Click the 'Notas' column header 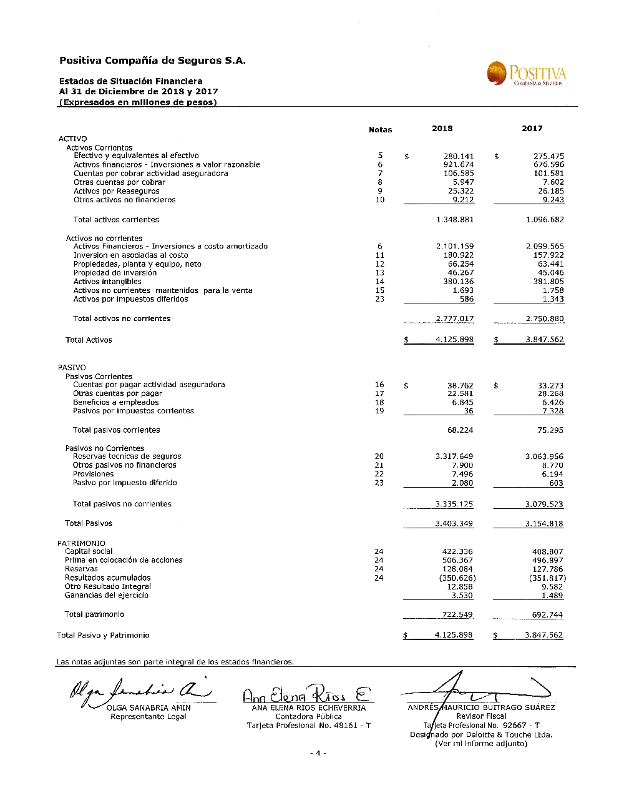380,130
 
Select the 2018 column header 442,129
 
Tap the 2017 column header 532,129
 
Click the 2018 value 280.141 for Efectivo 459,157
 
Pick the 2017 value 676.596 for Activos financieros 548,165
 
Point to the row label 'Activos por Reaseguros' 116,191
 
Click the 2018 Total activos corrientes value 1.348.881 455,220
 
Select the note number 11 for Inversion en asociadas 380,255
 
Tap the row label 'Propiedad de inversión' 115,273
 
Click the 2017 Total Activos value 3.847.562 544,340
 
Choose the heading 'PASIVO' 72,368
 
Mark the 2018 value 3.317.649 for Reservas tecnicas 454,456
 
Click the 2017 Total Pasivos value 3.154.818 544,524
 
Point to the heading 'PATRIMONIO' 81,543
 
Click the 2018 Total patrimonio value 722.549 457,615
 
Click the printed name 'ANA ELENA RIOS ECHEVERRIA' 308,708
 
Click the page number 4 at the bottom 318,753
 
